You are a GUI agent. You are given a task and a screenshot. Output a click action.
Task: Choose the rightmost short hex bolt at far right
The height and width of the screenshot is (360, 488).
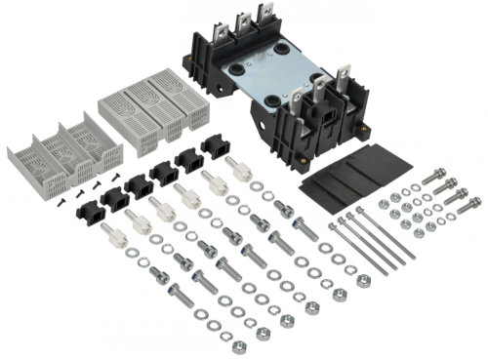pos(459,195)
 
